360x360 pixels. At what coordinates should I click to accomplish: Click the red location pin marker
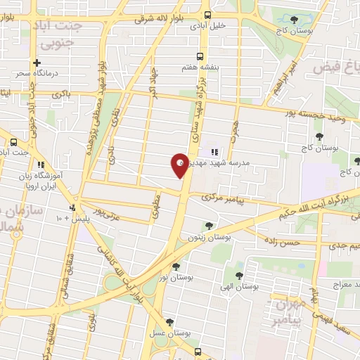[179, 165]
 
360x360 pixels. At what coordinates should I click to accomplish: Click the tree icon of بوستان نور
[176, 266]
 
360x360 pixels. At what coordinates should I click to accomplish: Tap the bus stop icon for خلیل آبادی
[207, 14]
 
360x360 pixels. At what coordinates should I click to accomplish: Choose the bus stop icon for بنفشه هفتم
[201, 56]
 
